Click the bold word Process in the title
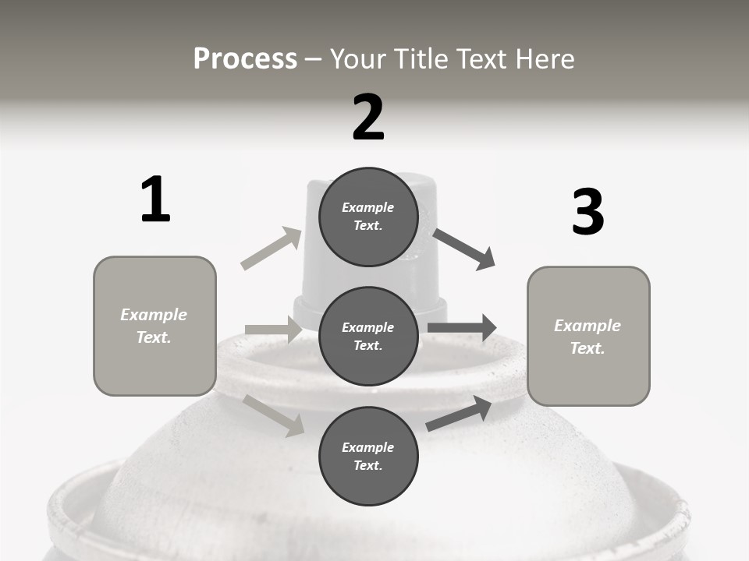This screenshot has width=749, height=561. [245, 59]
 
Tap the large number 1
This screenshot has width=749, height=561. [155, 199]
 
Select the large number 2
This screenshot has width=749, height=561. [368, 118]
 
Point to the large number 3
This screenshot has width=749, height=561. [587, 213]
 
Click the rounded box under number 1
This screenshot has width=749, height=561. [154, 326]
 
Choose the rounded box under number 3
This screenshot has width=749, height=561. [588, 336]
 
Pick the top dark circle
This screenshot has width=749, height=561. [368, 217]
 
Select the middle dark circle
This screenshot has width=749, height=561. [368, 336]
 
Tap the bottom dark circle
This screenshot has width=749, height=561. [368, 456]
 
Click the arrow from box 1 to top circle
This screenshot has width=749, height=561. [271, 249]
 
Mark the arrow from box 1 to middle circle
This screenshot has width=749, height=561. [272, 330]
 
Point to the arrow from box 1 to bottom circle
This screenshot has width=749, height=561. [273, 415]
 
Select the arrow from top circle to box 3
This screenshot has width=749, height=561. [464, 249]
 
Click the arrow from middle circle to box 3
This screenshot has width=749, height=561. [462, 328]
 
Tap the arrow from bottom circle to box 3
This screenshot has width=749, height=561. [459, 414]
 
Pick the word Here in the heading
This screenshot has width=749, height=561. [545, 59]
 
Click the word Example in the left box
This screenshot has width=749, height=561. [154, 315]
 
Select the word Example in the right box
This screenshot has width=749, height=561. [587, 326]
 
